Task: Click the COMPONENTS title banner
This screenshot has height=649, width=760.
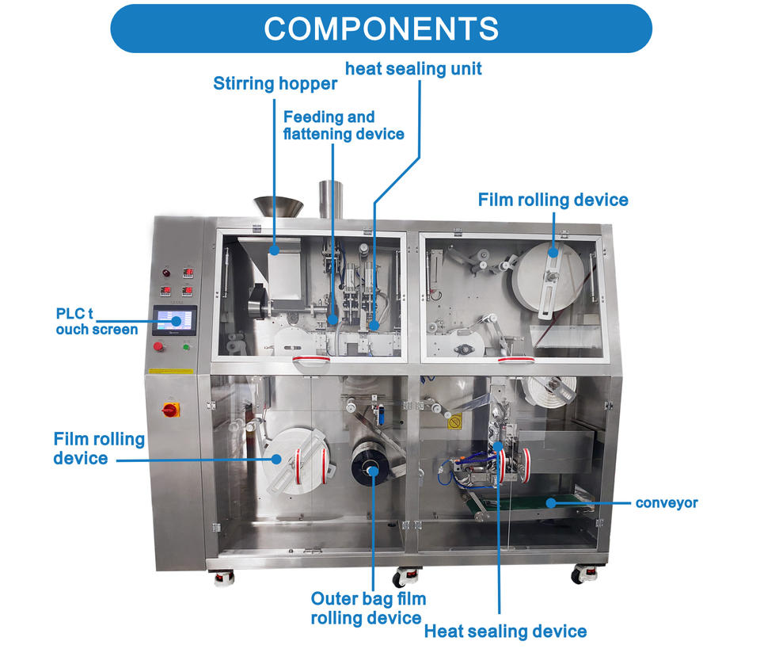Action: coord(381,29)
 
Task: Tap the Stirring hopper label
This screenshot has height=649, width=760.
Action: coord(275,83)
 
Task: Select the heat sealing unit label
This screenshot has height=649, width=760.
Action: coord(413,69)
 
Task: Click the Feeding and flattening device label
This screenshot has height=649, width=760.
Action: coord(343,125)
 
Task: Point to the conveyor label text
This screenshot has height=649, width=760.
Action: coord(667,502)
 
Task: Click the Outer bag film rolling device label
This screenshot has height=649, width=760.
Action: coord(366,608)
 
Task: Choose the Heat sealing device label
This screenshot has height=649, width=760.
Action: coord(505,631)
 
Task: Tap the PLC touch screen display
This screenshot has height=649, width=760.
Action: coord(173,322)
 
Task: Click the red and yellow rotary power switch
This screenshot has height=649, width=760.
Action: coord(170,409)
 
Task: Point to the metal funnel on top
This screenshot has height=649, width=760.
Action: coord(278,206)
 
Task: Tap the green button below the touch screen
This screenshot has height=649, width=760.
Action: coord(187,346)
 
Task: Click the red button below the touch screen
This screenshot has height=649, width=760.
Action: coord(159,346)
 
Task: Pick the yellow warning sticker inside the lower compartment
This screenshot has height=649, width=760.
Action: coord(454,422)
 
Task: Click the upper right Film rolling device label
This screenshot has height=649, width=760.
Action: coord(553,200)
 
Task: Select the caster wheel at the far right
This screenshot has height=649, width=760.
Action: coord(584,574)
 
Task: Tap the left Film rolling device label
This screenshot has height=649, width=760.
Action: coord(99,448)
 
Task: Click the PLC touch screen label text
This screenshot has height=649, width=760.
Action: coord(96,320)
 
